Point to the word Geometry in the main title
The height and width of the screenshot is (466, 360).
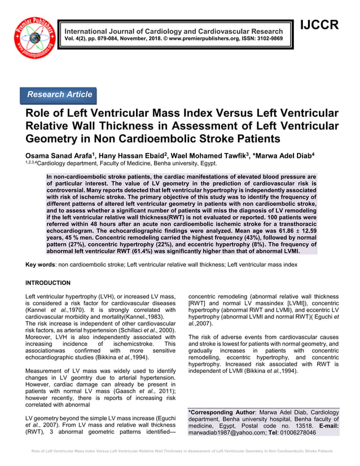tap(60, 138)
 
